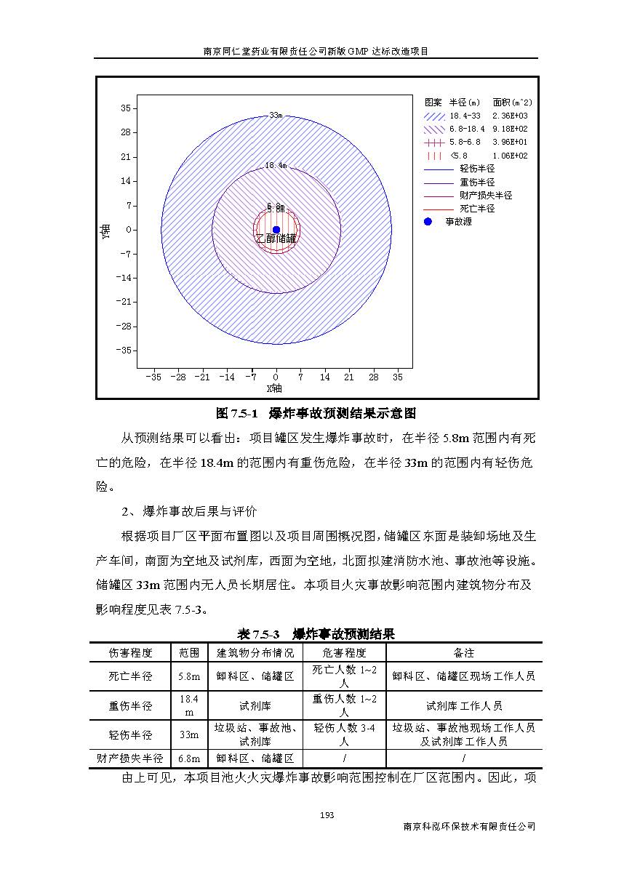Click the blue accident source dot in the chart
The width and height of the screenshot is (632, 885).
(276, 230)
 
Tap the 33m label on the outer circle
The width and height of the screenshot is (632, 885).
(276, 115)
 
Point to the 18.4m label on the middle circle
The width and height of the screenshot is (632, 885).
(276, 166)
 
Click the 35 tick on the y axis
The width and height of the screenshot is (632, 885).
(125, 108)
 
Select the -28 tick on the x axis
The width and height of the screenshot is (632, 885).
(178, 377)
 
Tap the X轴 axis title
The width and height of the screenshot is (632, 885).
(275, 388)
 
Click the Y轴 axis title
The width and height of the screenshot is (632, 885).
(107, 232)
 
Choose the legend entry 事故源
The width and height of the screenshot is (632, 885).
(460, 222)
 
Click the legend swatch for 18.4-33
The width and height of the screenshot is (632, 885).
(433, 116)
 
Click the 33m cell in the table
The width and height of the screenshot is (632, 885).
(189, 734)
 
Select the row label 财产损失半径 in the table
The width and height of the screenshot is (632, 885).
(130, 758)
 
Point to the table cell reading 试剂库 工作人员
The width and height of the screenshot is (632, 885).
(464, 705)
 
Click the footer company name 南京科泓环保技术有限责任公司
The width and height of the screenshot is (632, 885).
(469, 827)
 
